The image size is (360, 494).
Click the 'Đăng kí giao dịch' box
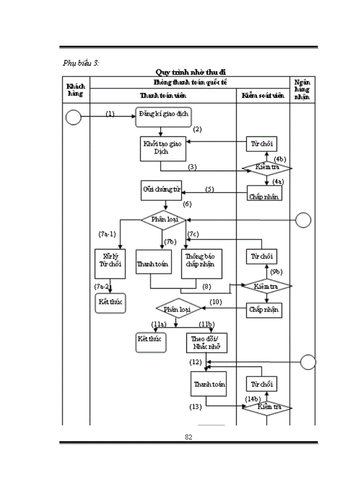pos(164,117)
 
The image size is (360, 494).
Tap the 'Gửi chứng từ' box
pos(161,190)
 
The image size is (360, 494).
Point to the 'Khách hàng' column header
pos(76,90)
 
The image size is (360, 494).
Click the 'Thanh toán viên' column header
pos(163,96)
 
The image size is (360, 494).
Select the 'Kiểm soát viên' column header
pos(263,96)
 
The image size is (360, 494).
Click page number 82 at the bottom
pos(188,437)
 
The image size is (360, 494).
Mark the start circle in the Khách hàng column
pos(74,118)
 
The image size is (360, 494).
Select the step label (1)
pos(110,114)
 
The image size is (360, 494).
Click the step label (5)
pos(210,189)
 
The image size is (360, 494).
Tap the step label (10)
pos(215,302)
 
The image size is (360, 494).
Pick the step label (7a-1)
pos(107,234)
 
